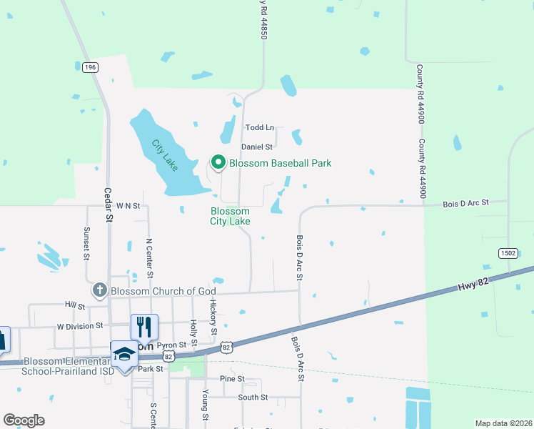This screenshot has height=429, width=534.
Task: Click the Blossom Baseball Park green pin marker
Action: click(x=218, y=163)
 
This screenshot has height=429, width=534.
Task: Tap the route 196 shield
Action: click(x=90, y=67)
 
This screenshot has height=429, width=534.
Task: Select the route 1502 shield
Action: click(x=508, y=253)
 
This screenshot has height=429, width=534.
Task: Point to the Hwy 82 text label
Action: click(x=472, y=285)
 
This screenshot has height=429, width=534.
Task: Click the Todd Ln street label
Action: click(x=260, y=127)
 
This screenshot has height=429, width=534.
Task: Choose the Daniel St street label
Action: click(x=257, y=147)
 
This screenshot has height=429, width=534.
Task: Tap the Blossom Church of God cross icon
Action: click(x=99, y=291)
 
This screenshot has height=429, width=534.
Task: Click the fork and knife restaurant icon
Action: click(x=144, y=327)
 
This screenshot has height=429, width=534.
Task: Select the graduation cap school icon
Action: click(x=124, y=354)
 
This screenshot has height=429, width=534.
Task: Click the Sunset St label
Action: click(x=86, y=242)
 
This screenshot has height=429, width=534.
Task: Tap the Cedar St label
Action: click(x=109, y=203)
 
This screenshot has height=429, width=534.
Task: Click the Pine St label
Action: click(x=232, y=378)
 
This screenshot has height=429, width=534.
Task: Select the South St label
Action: click(x=253, y=397)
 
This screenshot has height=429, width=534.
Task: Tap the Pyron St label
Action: click(x=171, y=345)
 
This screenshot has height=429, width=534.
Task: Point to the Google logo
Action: click(x=24, y=420)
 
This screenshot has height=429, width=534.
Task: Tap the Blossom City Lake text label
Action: click(x=230, y=216)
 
